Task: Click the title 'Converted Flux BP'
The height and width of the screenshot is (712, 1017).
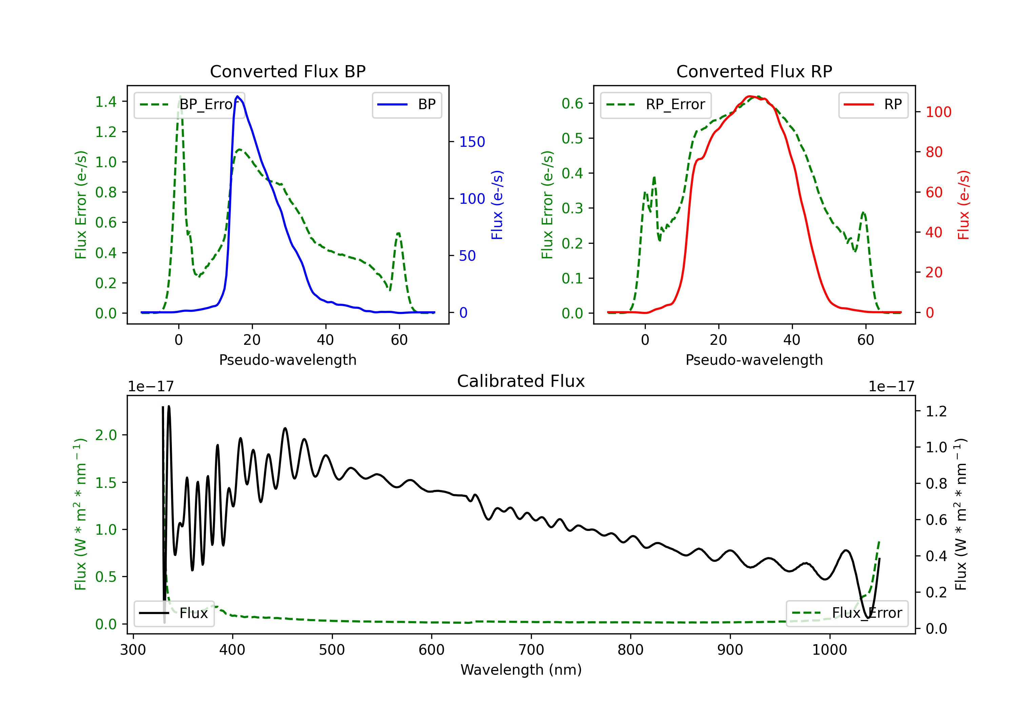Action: click(x=287, y=71)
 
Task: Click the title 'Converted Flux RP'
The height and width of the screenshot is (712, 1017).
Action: click(x=754, y=71)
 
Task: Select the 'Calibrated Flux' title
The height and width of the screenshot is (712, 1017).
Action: click(x=521, y=381)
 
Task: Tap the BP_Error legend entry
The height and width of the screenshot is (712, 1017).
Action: click(x=189, y=104)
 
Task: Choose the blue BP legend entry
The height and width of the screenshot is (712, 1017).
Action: click(x=406, y=104)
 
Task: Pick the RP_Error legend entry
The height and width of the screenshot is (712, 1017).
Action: click(x=656, y=104)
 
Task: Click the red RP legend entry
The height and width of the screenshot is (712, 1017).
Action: click(x=873, y=104)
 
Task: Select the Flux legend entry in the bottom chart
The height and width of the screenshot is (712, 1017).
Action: click(x=174, y=613)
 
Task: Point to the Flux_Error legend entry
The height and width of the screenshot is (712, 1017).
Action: click(x=847, y=613)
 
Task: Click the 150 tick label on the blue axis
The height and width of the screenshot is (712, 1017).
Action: click(x=472, y=142)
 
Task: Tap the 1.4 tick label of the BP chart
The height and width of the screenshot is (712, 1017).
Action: click(x=106, y=102)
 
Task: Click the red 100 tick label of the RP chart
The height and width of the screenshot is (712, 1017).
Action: click(x=939, y=112)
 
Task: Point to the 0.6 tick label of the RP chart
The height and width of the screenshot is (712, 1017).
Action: click(x=572, y=104)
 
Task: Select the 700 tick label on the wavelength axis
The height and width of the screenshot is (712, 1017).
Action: click(x=531, y=650)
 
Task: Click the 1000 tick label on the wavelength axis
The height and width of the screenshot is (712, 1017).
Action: click(x=830, y=650)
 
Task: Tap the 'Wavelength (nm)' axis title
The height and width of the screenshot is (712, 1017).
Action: click(x=521, y=670)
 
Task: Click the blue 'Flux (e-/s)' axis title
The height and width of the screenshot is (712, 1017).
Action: click(x=497, y=205)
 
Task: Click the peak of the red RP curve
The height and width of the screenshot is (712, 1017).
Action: click(x=750, y=96)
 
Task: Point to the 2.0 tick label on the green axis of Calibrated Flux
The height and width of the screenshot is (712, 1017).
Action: click(x=106, y=435)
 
